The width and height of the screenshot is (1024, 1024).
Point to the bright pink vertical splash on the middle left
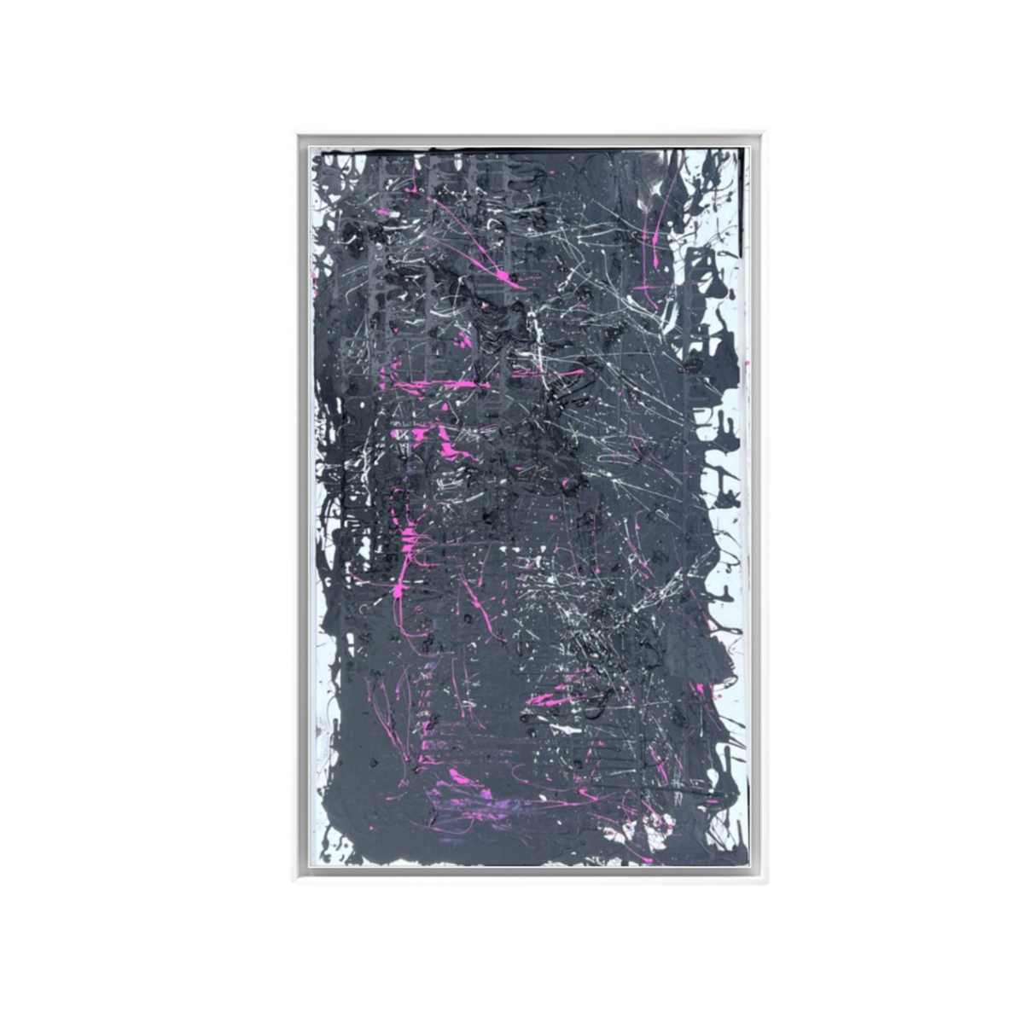click(x=408, y=546)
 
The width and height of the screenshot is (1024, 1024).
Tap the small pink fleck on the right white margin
click(x=744, y=365)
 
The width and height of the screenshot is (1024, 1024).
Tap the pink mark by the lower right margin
click(x=700, y=688)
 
